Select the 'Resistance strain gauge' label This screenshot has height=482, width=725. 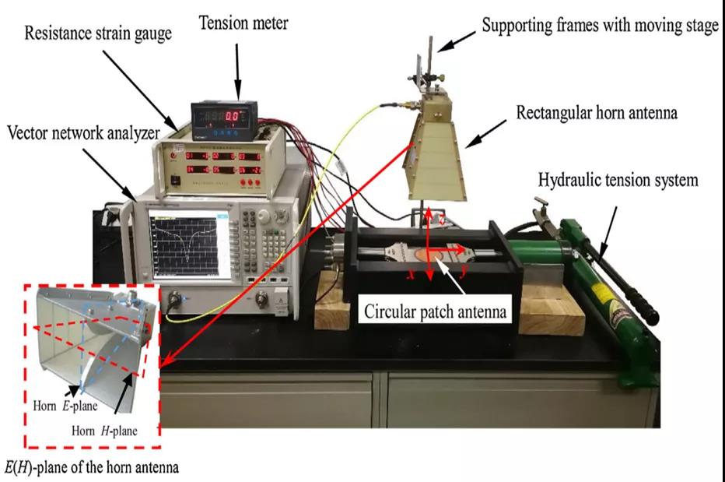(x=96, y=33)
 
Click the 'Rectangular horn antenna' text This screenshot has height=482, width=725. (x=597, y=113)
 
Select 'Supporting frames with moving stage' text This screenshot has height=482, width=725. (x=600, y=26)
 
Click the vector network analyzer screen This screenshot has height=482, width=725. (x=190, y=244)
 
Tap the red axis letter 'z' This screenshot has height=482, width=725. (x=442, y=220)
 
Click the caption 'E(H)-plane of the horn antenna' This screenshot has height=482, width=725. (x=92, y=467)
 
